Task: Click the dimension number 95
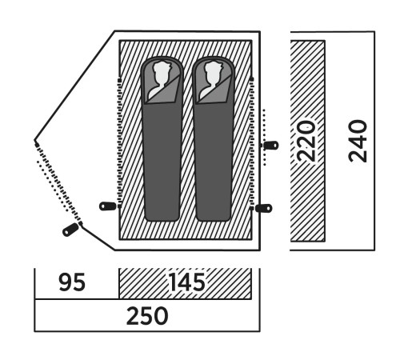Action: pos(72,282)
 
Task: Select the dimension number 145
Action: pos(187,282)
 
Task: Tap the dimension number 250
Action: pos(147,316)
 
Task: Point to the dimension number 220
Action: pos(306,141)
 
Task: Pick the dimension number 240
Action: pos(358,141)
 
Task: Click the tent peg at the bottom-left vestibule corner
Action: pos(70,230)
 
